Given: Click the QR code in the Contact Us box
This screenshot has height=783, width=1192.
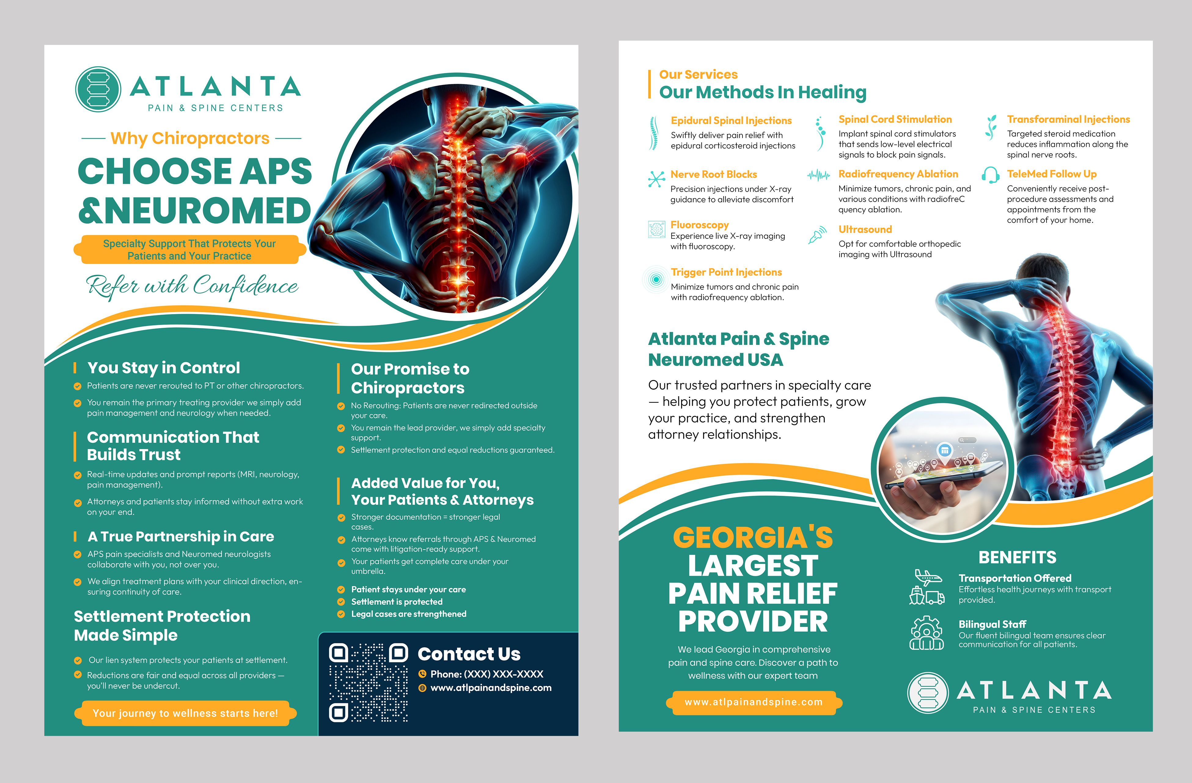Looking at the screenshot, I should coord(368,682).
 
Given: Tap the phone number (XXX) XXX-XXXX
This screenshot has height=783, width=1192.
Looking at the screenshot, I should coord(486,674).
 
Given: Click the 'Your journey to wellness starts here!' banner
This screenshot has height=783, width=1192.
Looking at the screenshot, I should coord(185,713).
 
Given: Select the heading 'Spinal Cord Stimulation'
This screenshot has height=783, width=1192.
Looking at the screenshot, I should coord(895,119).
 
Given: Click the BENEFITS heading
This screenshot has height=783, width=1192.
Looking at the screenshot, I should coord(1017,557).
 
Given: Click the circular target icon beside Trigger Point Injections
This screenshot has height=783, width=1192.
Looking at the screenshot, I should coord(656,279).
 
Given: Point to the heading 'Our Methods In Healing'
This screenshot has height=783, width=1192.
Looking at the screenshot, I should coord(762,92).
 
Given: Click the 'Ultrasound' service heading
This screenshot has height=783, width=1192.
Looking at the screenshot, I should coord(865,229).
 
